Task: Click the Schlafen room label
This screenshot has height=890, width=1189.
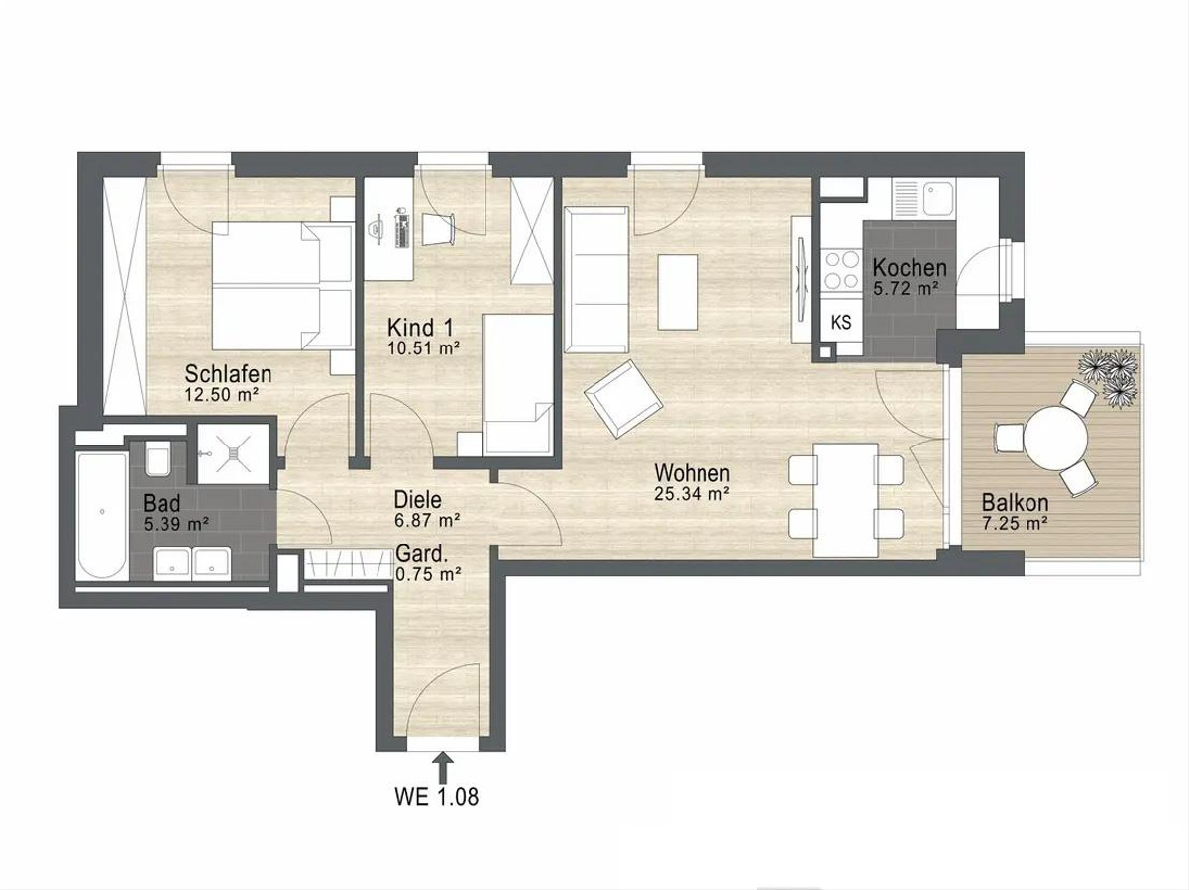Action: pyautogui.click(x=228, y=374)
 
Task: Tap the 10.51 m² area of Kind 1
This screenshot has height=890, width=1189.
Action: pyautogui.click(x=424, y=347)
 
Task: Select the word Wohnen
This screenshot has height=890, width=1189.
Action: pyautogui.click(x=692, y=473)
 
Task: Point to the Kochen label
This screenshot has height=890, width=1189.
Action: pyautogui.click(x=910, y=268)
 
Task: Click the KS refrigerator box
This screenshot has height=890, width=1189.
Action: pyautogui.click(x=840, y=323)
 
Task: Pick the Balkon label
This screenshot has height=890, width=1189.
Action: pyautogui.click(x=1016, y=503)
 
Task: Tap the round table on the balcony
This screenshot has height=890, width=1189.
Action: pyautogui.click(x=1056, y=439)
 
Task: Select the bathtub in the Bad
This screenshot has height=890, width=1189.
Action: pyautogui.click(x=102, y=517)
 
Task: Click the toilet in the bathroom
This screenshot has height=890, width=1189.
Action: pyautogui.click(x=158, y=458)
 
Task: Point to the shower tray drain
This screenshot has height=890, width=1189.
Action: pyautogui.click(x=233, y=452)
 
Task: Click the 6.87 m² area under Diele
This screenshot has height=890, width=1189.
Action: pyautogui.click(x=427, y=521)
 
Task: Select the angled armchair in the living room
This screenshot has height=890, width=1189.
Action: pyautogui.click(x=623, y=398)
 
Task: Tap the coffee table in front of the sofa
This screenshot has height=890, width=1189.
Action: pyautogui.click(x=677, y=292)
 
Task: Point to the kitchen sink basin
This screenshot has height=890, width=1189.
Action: pyautogui.click(x=940, y=198)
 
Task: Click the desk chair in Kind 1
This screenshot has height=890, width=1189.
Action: pyautogui.click(x=437, y=229)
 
